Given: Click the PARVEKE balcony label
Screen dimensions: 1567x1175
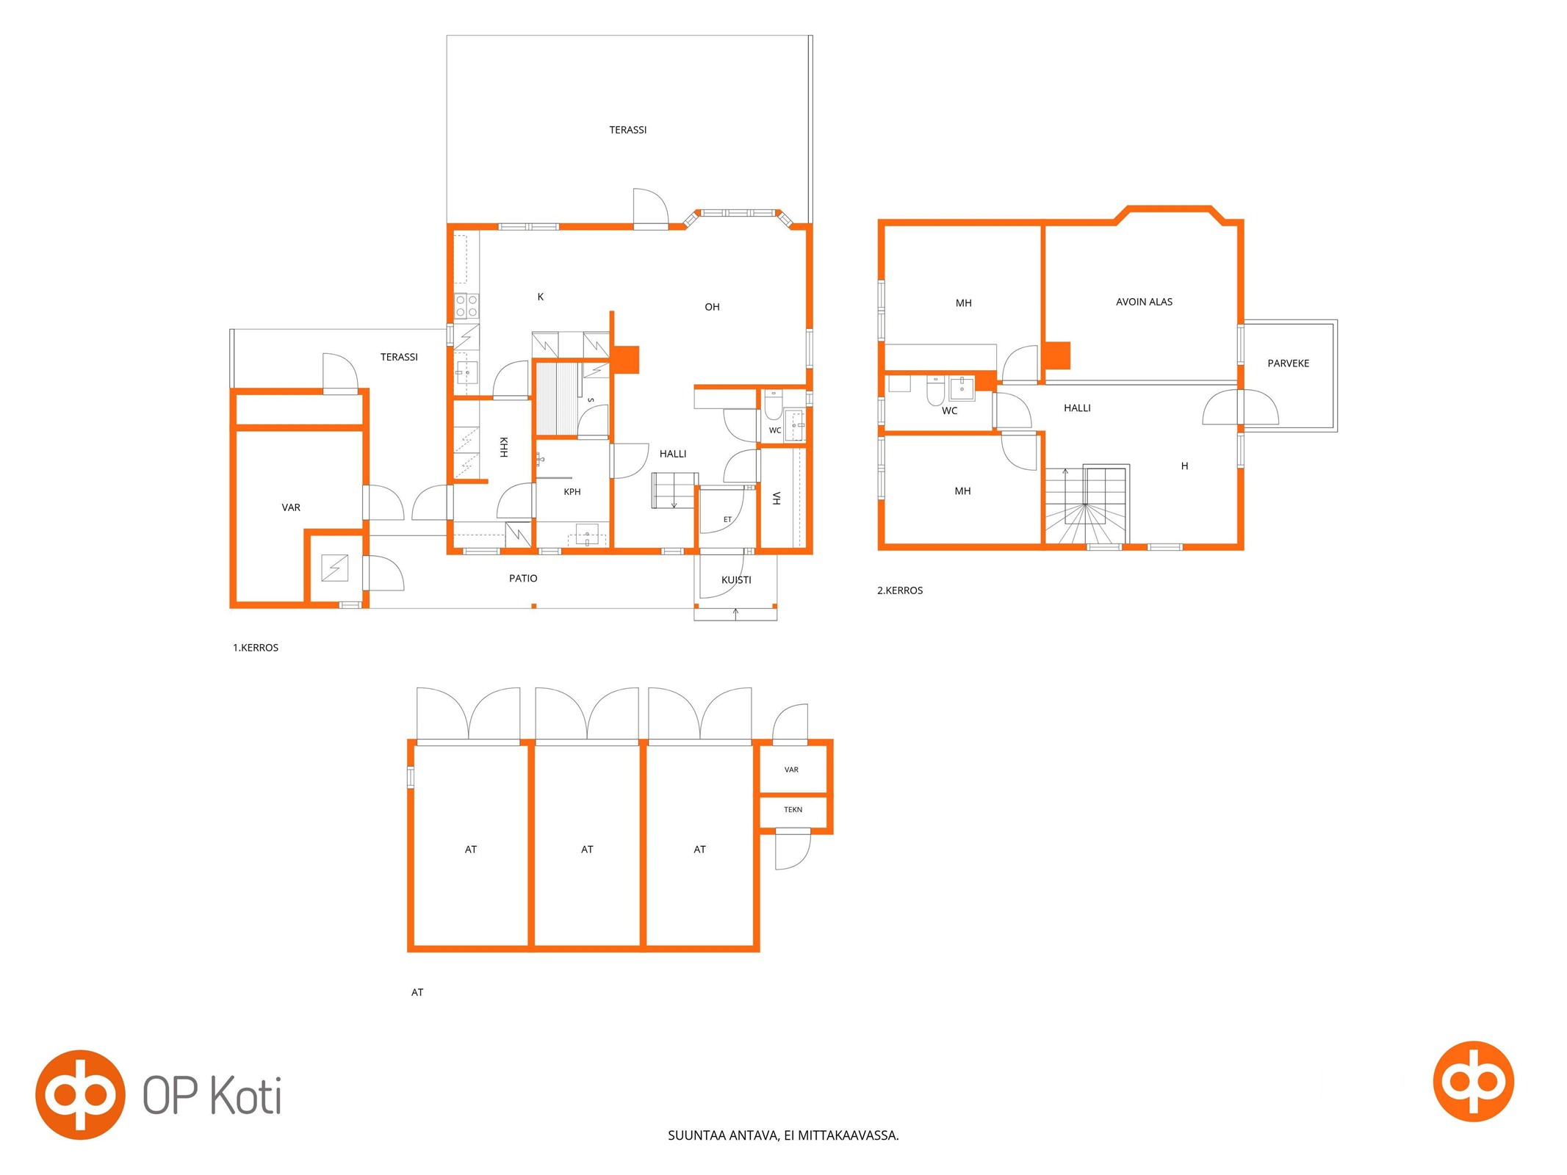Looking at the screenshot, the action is point(1288,364).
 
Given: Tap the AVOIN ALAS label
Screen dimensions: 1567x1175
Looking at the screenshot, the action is point(1144,302).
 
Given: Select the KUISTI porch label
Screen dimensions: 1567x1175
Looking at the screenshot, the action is point(736,580).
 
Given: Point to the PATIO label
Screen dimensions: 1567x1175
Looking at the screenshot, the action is point(523,579).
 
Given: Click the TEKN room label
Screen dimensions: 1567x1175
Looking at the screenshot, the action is point(793,809).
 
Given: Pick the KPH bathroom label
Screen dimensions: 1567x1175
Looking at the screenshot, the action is point(572,492).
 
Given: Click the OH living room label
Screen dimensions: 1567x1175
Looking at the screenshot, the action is point(712,307).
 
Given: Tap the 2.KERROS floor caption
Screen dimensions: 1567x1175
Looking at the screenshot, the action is point(900,590).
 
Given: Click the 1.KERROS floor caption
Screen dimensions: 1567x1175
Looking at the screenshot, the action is point(256,648).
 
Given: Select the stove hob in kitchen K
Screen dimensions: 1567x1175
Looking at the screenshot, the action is point(467,305).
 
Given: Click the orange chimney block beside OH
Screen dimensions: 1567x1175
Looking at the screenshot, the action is point(627,359).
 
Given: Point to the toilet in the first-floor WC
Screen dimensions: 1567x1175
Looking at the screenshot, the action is point(774,405).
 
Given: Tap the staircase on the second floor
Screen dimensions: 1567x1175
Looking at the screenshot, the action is point(1087,505).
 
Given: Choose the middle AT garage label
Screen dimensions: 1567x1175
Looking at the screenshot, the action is point(587,850).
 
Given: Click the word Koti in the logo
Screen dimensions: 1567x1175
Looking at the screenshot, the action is point(246,1096).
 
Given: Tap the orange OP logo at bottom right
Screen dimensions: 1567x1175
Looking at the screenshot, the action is point(1473,1081).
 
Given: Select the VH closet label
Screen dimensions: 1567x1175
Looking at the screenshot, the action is point(777,499).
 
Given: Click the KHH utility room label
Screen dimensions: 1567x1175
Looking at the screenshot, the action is point(504,447).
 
